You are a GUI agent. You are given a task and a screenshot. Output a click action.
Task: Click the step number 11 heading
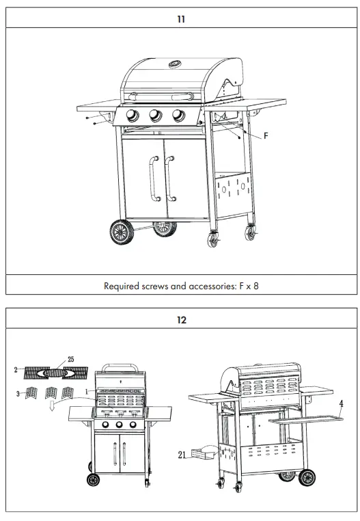pos(180,19)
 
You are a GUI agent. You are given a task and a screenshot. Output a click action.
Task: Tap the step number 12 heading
pos(180,319)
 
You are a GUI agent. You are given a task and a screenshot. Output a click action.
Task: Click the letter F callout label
pos(266,136)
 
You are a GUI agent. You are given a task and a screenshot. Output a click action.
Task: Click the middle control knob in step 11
pos(156,116)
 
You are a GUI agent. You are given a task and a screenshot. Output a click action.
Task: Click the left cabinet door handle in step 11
pos(151,178)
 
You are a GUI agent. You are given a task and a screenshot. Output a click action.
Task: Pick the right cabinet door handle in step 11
pos(169,178)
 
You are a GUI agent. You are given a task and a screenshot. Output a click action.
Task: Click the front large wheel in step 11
pos(122,232)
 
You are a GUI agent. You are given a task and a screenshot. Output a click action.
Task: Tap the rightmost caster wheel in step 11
pos(253,234)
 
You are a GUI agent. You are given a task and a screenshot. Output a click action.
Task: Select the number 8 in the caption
pos(255,286)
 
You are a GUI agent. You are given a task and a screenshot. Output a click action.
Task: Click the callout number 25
pos(70,360)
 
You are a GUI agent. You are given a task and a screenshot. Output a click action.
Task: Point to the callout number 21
pos(182,453)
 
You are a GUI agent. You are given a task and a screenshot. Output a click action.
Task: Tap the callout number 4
pos(341,403)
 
